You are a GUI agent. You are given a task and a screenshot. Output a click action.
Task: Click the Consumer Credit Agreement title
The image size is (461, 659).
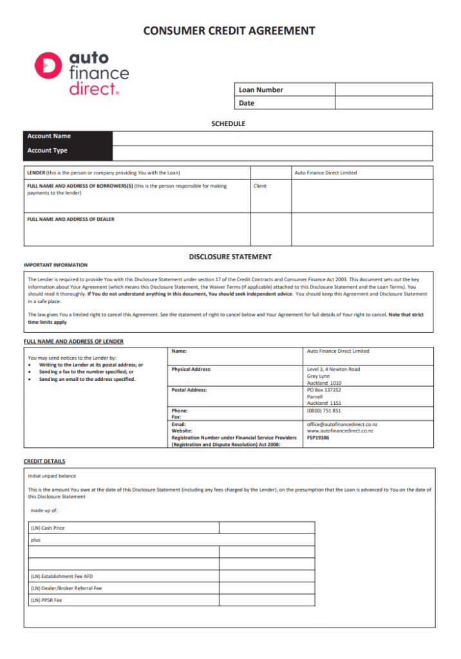click(x=229, y=30)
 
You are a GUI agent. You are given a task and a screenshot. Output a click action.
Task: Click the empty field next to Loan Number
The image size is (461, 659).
click(x=383, y=90)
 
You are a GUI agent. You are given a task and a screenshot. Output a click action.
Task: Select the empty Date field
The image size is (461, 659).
click(x=383, y=103)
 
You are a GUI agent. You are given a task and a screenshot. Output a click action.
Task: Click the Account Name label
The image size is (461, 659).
click(x=49, y=136)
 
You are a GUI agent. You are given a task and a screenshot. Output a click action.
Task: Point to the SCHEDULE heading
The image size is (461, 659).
click(x=229, y=124)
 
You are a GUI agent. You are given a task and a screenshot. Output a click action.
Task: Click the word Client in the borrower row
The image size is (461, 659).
click(x=259, y=186)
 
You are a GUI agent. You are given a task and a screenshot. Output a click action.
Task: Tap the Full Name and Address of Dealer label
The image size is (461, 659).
click(x=71, y=219)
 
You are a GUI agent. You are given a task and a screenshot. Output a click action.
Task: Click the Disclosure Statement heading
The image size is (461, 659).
click(x=230, y=257)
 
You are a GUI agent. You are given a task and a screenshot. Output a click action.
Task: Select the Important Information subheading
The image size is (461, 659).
click(x=55, y=265)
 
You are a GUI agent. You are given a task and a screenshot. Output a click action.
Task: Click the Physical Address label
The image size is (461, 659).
click(x=191, y=369)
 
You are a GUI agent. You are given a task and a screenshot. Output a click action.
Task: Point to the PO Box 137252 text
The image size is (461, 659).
click(x=324, y=390)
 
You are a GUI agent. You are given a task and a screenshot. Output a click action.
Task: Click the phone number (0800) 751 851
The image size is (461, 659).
click(x=324, y=411)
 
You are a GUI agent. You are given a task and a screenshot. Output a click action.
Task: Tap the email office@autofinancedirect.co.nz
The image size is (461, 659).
click(x=342, y=425)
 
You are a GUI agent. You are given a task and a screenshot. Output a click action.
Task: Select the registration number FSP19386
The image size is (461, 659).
click(x=319, y=438)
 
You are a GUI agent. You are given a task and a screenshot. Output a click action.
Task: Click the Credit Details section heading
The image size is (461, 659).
click(x=44, y=461)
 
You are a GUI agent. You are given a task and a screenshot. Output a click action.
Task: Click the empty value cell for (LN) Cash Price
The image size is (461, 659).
click(x=267, y=528)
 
